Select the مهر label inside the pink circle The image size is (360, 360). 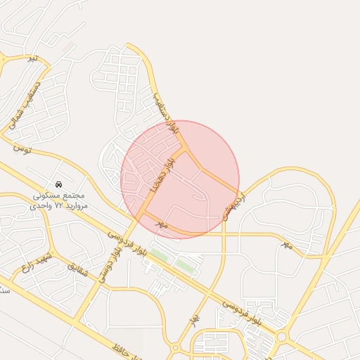[162, 224]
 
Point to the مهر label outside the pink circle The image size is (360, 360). [285, 244]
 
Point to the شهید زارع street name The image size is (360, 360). [37, 264]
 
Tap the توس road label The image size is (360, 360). [22, 149]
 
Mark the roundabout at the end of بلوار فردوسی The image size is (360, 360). [282, 337]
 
